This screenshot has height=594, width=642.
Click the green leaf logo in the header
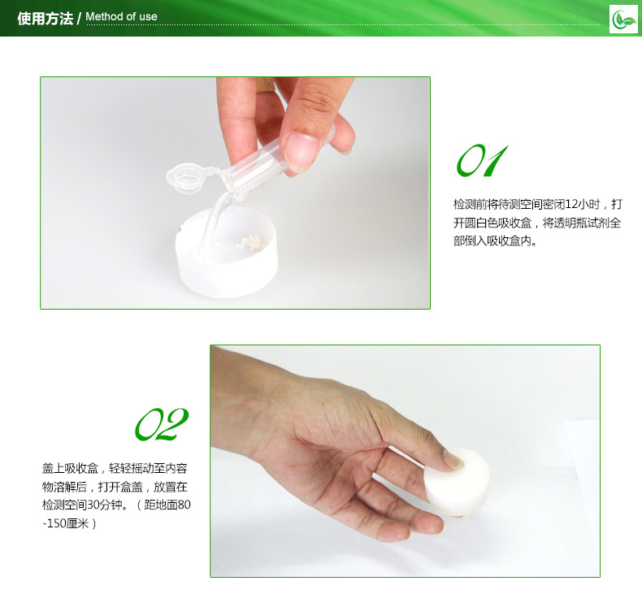[x=623, y=20]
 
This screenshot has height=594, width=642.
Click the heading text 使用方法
[x=45, y=19]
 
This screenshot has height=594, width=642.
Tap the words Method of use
[x=121, y=17]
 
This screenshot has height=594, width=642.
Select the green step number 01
[x=482, y=160]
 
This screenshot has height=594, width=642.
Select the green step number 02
[x=162, y=424]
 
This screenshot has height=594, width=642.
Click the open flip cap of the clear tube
[x=186, y=178]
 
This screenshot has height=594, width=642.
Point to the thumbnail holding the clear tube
[x=301, y=150]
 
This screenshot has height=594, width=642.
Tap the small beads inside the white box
[x=249, y=241]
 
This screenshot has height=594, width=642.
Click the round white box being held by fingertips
[x=457, y=482]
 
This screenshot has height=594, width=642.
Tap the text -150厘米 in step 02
[x=66, y=523]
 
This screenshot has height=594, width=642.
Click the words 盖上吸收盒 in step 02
[x=70, y=468]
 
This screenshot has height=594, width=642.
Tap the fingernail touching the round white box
[x=453, y=459]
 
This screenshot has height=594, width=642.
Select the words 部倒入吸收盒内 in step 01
[x=492, y=241]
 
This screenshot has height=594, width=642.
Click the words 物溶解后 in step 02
[x=65, y=487]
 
